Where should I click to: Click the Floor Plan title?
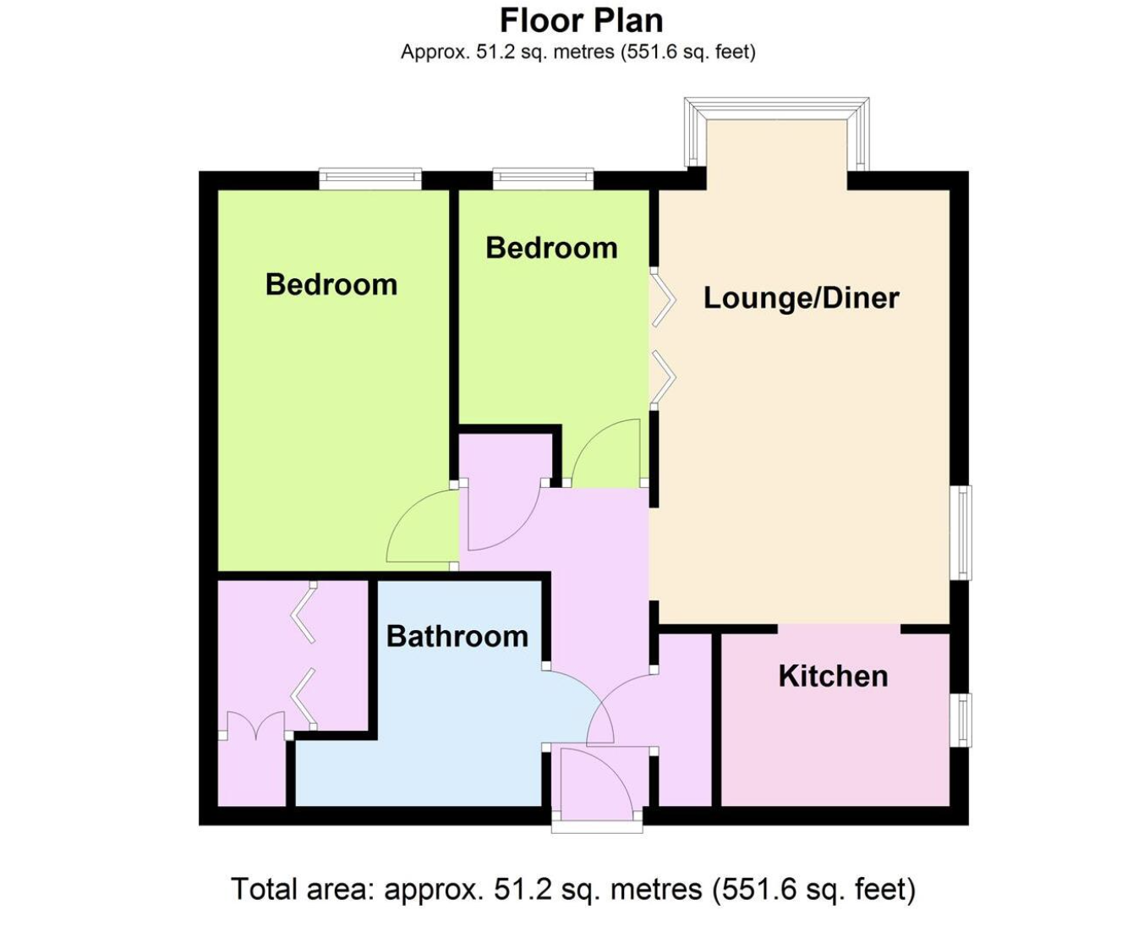[582, 21]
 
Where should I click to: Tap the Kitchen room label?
[833, 676]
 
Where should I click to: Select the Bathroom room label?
[457, 636]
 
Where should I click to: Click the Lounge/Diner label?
[801, 298]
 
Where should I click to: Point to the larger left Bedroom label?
[331, 284]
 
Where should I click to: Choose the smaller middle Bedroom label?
[552, 248]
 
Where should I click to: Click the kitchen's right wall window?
[961, 720]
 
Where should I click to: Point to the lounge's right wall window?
[961, 532]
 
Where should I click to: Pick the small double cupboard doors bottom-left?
[256, 724]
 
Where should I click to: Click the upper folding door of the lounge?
[664, 299]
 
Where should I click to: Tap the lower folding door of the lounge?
[664, 377]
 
